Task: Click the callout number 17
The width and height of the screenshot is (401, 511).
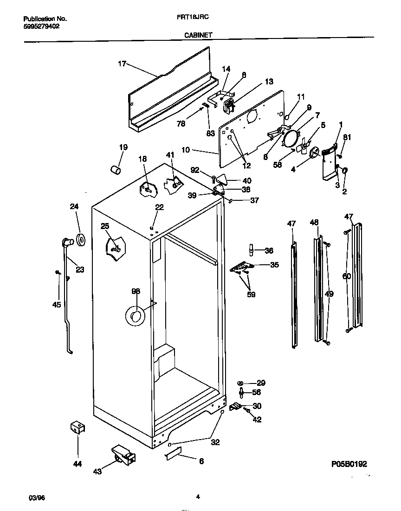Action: tap(121, 64)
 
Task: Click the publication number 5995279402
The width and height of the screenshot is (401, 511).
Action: tap(41, 26)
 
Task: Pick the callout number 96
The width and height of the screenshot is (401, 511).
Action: tap(136, 291)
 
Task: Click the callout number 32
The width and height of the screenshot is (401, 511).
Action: tap(215, 442)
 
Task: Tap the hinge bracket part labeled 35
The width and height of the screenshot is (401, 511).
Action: tap(242, 267)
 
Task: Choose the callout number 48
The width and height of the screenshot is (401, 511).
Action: tap(315, 223)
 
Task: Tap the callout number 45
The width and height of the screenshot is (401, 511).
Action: tap(57, 305)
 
